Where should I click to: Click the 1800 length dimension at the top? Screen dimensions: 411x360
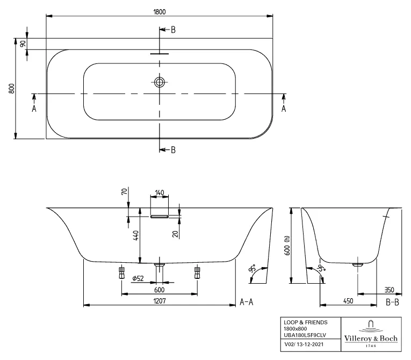click(x=160, y=12)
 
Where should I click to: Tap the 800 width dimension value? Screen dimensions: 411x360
click(x=11, y=88)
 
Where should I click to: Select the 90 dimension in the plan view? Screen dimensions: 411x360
click(x=23, y=44)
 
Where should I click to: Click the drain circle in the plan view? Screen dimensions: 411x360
click(x=159, y=82)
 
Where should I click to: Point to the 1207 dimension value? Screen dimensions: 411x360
click(x=160, y=301)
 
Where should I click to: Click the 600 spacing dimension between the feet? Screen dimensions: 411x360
click(x=160, y=290)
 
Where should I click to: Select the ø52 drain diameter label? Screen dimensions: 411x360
click(x=138, y=278)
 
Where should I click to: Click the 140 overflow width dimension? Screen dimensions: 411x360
click(x=160, y=193)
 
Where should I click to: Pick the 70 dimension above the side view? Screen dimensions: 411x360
click(x=125, y=191)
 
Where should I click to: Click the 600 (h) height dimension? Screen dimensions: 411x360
click(x=287, y=246)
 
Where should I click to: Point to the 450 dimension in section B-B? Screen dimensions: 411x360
click(x=348, y=301)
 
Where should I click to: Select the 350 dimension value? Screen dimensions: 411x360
click(x=390, y=290)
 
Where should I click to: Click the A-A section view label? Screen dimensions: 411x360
click(x=247, y=302)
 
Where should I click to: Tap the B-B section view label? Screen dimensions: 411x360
click(x=392, y=302)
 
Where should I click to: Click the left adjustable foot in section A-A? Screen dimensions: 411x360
click(x=121, y=272)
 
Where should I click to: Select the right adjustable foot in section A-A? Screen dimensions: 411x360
click(x=197, y=272)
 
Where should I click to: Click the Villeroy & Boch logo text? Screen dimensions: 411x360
click(x=371, y=338)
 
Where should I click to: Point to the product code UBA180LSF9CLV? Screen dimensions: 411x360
click(x=305, y=335)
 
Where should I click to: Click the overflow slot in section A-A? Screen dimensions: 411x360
click(x=160, y=217)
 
